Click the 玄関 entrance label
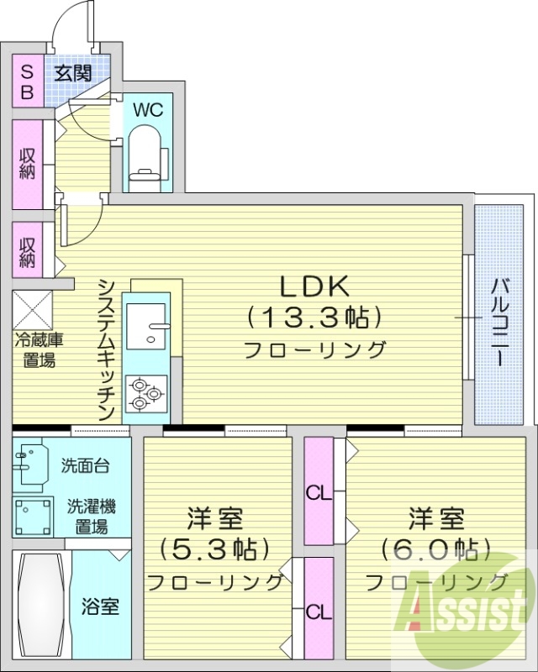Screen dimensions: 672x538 tap(74, 72)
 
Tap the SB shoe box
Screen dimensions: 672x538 tap(27, 81)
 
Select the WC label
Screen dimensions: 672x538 tap(147, 109)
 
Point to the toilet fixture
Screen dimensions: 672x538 tap(149, 155)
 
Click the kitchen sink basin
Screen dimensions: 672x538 tap(148, 323)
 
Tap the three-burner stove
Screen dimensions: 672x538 tap(146, 393)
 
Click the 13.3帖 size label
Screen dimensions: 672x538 tap(314, 317)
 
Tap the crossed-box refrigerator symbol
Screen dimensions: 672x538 tap(32, 310)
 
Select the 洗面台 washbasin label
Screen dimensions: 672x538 tap(84, 465)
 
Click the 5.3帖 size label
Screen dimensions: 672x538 tap(215, 549)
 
